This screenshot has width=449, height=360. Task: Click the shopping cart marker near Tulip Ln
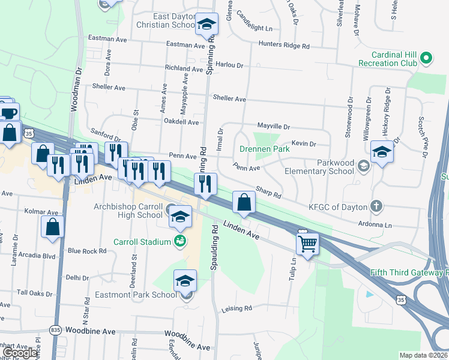tap(307, 243)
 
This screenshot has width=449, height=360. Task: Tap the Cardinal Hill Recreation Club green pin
tap(426, 58)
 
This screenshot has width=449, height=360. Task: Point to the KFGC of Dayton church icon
tap(376, 206)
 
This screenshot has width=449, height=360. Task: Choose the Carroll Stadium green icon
tap(179, 241)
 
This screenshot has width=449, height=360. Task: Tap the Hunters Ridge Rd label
tap(284, 45)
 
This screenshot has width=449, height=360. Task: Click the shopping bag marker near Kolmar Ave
tap(53, 227)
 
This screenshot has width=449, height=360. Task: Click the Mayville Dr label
tap(274, 127)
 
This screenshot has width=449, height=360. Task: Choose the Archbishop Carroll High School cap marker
tap(179, 218)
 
